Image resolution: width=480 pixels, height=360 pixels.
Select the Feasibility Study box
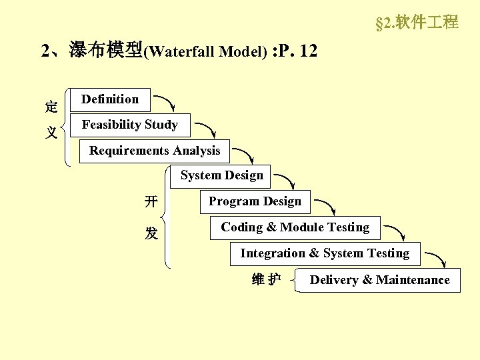click(129, 125)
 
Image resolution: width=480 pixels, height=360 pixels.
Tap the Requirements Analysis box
click(154, 151)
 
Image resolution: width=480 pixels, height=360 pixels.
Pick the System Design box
click(221, 176)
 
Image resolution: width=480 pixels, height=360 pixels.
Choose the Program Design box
click(255, 202)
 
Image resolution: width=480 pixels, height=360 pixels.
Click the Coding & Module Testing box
click(295, 228)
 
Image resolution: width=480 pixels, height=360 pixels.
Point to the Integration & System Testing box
click(325, 254)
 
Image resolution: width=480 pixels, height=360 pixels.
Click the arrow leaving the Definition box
click(165, 104)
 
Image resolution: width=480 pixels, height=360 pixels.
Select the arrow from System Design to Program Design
click(287, 181)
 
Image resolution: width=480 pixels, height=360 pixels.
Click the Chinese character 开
click(152, 201)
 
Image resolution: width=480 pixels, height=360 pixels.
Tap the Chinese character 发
click(152, 233)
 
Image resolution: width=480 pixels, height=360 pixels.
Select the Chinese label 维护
click(266, 280)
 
